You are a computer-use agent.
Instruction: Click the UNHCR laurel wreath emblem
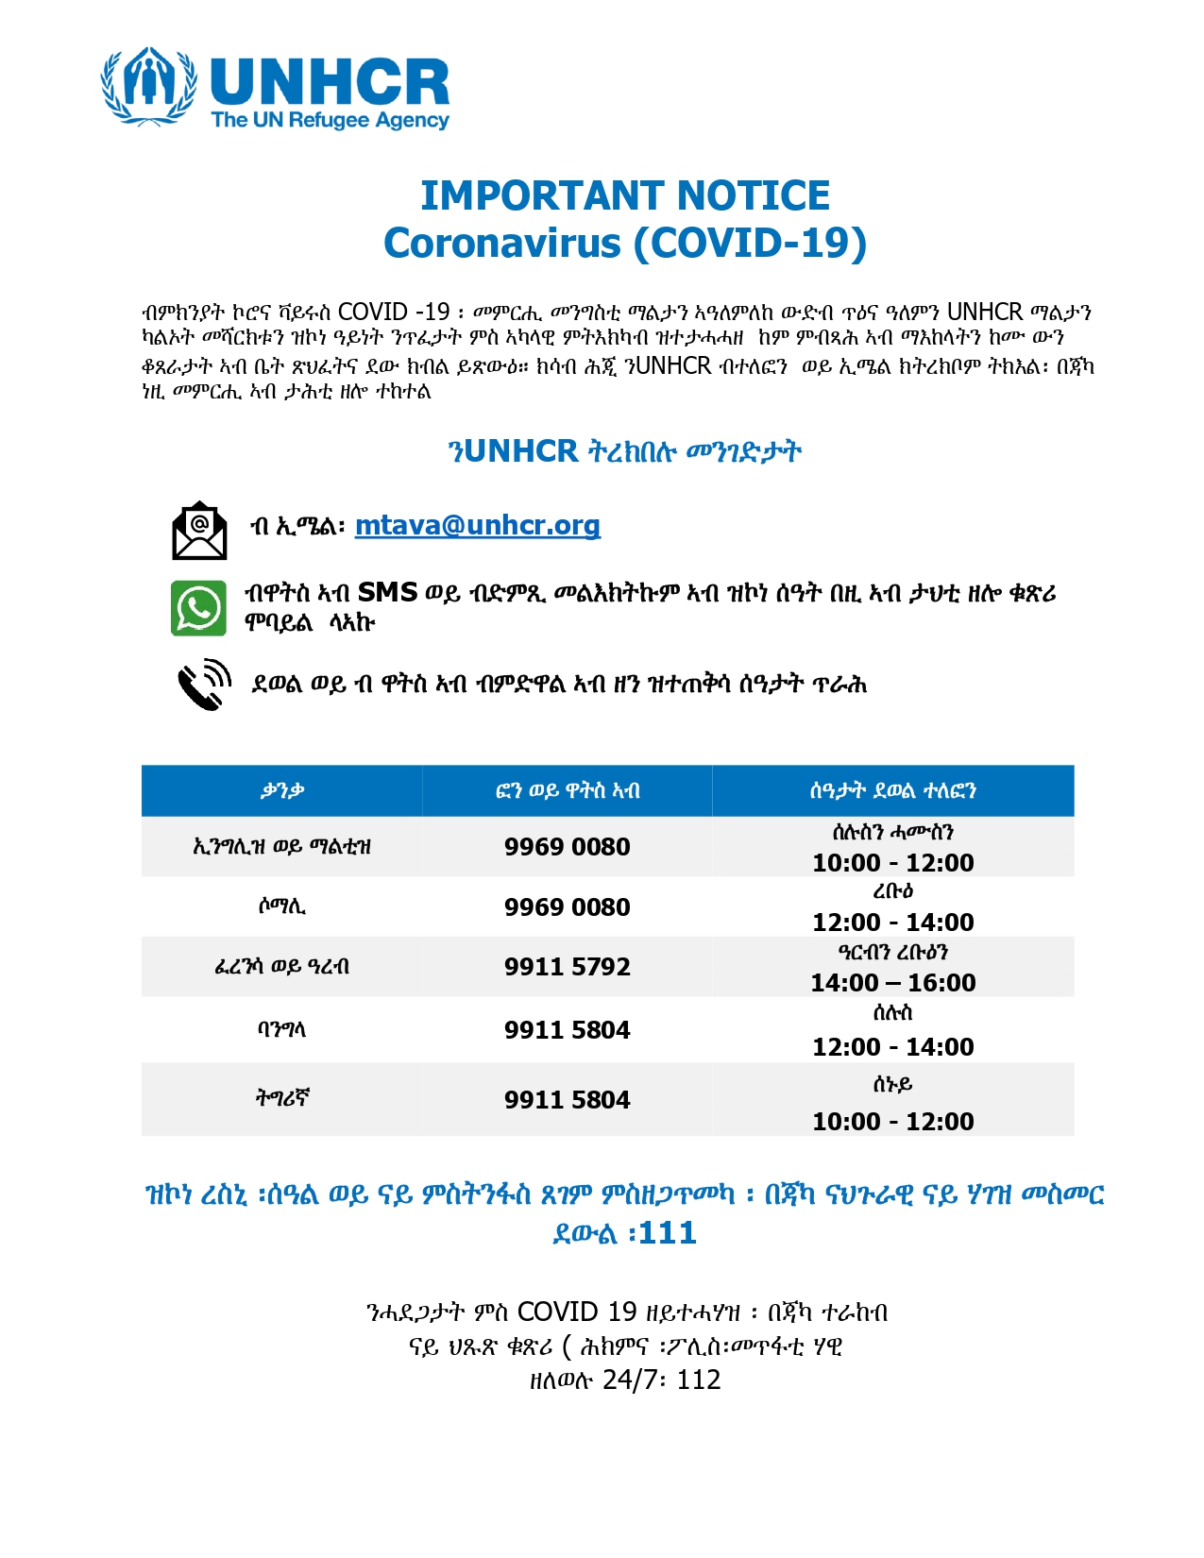click(148, 86)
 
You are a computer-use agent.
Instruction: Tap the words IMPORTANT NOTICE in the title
click(624, 195)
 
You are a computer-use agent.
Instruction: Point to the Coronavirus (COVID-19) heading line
click(624, 244)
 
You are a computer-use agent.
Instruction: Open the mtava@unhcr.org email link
click(477, 525)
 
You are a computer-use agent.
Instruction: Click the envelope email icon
click(199, 531)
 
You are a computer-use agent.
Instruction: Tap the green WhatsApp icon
click(198, 607)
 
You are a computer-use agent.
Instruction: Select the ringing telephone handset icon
click(204, 685)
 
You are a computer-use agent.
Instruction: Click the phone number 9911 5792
click(567, 967)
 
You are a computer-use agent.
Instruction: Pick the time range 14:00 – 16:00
click(892, 983)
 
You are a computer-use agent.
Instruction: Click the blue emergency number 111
click(668, 1233)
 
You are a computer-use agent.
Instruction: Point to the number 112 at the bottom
click(699, 1380)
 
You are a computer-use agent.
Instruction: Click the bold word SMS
click(387, 593)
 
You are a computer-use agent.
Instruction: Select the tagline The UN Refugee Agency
click(330, 120)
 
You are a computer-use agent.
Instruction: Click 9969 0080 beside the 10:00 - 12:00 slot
click(567, 847)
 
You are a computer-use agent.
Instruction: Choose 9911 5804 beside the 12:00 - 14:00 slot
click(567, 1030)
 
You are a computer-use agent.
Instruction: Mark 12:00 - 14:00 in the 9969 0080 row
click(892, 923)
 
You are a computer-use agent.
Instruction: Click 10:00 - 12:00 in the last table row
click(892, 1122)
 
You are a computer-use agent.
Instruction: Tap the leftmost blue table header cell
click(281, 790)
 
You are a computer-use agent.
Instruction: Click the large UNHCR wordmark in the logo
click(330, 82)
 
